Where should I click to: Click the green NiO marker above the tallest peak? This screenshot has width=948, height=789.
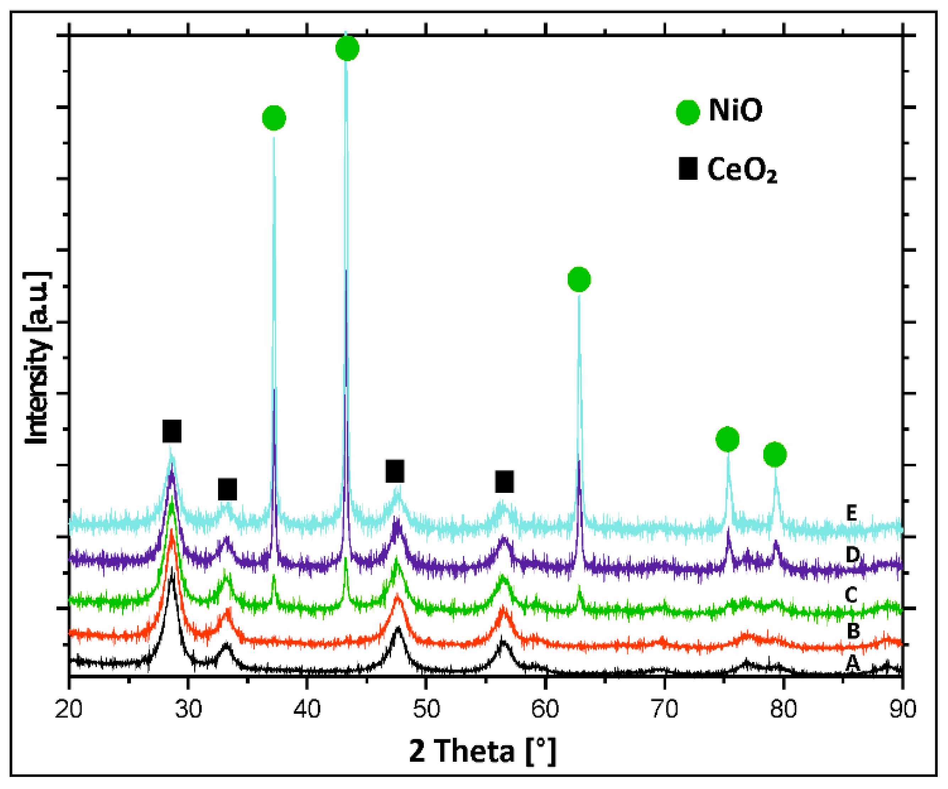(x=347, y=48)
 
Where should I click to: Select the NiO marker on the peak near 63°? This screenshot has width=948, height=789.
(x=579, y=279)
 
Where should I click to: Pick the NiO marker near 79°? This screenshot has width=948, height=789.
(x=775, y=455)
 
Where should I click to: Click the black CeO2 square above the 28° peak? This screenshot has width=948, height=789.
(x=172, y=431)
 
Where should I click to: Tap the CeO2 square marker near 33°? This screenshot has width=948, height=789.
(x=228, y=490)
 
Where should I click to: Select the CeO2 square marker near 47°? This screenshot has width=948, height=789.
(x=395, y=471)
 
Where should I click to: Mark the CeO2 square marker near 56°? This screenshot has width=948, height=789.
(x=504, y=481)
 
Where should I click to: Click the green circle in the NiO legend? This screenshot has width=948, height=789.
(x=687, y=112)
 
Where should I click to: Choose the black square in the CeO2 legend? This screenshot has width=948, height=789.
(x=688, y=169)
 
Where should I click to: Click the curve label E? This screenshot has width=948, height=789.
(x=851, y=513)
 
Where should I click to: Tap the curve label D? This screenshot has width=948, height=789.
(x=852, y=555)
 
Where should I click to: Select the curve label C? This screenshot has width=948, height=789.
(x=851, y=595)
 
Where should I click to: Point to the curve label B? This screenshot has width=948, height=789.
(x=853, y=631)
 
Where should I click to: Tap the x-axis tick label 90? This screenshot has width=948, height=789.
(x=903, y=709)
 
